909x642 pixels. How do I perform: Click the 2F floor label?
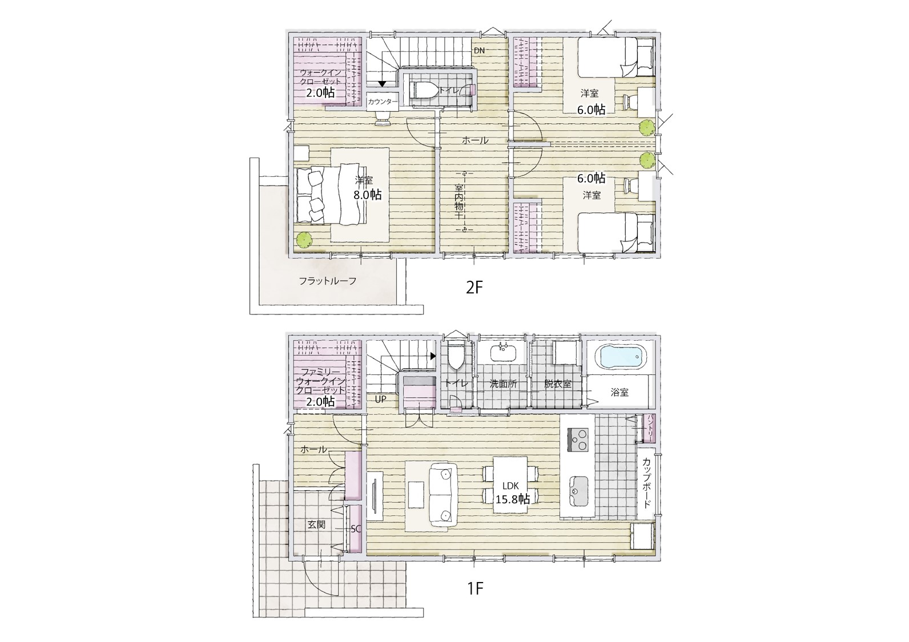474,288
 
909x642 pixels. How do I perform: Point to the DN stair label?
479,51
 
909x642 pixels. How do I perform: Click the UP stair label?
380,399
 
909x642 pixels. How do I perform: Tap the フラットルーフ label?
328,281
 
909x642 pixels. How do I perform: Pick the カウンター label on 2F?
383,102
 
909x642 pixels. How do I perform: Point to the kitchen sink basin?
577,491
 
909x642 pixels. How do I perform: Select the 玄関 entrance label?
316,524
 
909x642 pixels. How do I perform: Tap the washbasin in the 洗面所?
503,352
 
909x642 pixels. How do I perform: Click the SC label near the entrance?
356,529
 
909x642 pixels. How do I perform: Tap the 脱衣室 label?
557,383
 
